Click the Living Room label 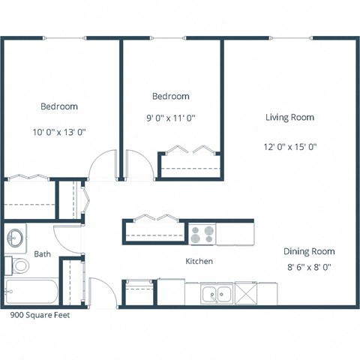tap(289, 118)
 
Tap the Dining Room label tap(308, 251)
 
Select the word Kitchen tap(199, 261)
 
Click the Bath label tap(42, 254)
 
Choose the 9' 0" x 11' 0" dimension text tap(170, 118)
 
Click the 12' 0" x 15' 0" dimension tap(289, 147)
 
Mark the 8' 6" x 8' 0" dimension tap(308, 266)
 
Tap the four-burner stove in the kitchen tap(200, 235)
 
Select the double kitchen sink tap(216, 294)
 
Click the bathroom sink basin tap(14, 239)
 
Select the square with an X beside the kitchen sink tap(247, 292)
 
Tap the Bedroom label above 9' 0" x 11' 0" tap(170, 96)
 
